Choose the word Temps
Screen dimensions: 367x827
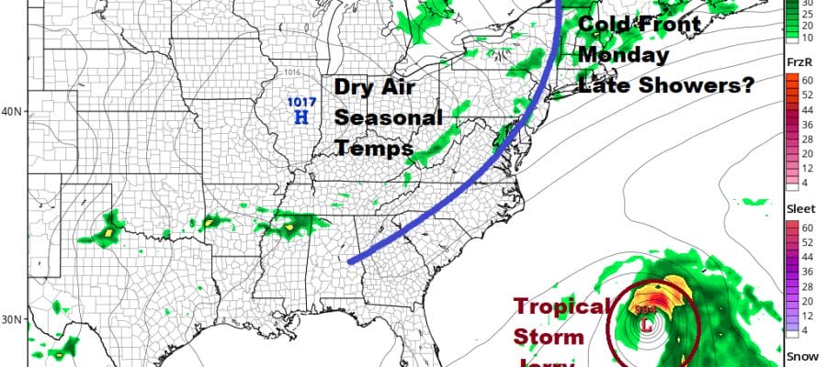point(365,145)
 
